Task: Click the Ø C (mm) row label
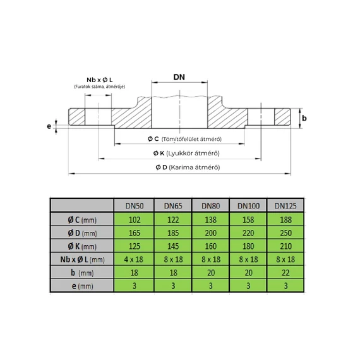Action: tap(81, 219)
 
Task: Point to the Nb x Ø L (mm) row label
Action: tap(81, 259)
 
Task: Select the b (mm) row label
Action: tap(81, 272)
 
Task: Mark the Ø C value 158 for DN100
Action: tap(248, 219)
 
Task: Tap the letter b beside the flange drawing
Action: tap(304, 118)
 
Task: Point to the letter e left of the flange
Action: tap(49, 126)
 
